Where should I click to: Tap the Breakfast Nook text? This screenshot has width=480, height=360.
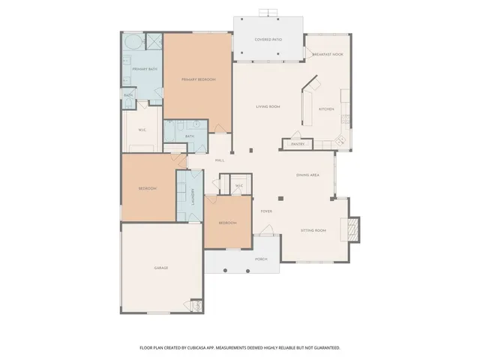click(328, 54)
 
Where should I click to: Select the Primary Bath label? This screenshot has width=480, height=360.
click(145, 69)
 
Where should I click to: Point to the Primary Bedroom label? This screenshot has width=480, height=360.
click(198, 79)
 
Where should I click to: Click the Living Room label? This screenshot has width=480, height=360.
click(268, 106)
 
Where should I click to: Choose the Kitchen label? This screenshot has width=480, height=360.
click(326, 109)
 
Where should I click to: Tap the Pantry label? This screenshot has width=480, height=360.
click(298, 143)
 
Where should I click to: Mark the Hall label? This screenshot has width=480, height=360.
click(220, 160)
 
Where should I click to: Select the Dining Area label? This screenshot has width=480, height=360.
click(308, 175)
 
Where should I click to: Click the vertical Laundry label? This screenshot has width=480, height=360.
click(193, 196)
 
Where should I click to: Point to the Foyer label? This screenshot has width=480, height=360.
click(266, 211)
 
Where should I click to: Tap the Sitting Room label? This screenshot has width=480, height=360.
click(313, 230)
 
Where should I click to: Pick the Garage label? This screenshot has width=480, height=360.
click(161, 268)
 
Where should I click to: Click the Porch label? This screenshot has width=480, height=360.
click(261, 259)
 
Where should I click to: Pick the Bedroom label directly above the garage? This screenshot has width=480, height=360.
click(147, 188)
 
